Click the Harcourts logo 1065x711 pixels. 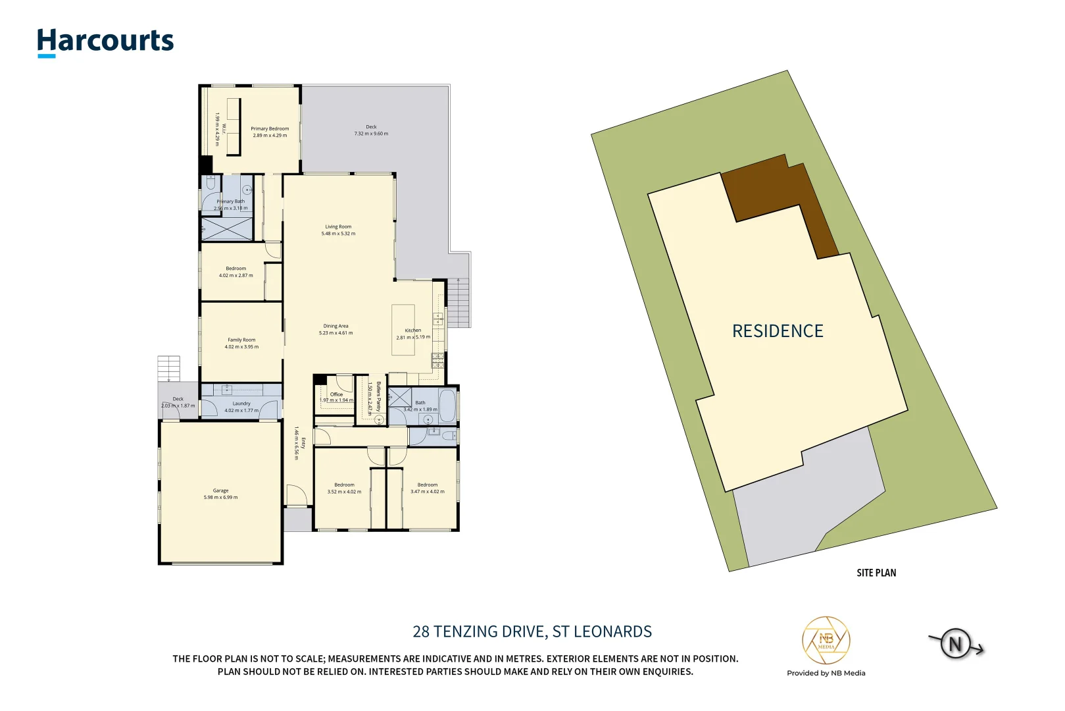pos(105,41)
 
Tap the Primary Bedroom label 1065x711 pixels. pos(270,129)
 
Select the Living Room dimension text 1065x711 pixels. pos(338,234)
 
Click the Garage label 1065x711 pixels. pos(220,490)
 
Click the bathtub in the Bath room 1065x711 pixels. pos(447,406)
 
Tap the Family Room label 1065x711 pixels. pos(241,340)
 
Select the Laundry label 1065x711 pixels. pos(241,404)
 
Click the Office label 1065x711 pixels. pos(336,394)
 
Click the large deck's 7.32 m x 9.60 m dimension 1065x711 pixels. pos(371,134)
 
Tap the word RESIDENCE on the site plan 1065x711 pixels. pos(778,331)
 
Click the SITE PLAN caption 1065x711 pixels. pos(876,573)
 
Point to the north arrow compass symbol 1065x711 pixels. pos(956,643)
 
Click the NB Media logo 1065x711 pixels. pos(826,641)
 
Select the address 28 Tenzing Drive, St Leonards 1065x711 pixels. pos(532,631)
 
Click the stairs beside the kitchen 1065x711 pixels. pos(459,303)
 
